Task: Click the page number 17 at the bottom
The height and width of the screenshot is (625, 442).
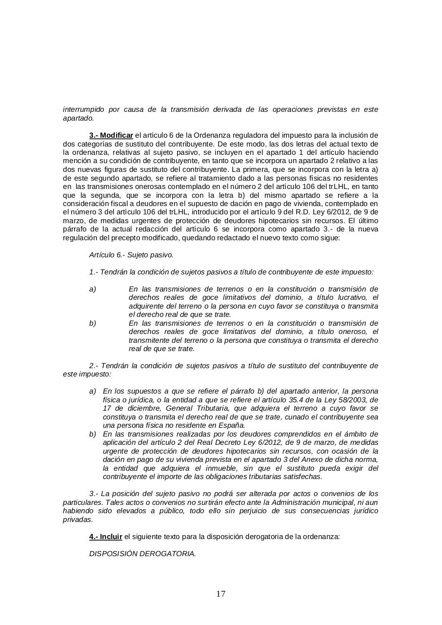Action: pyautogui.click(x=221, y=594)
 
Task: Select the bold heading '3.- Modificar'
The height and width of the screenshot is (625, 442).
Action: pyautogui.click(x=111, y=135)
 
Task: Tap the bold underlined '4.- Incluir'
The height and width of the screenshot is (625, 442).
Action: pyautogui.click(x=105, y=536)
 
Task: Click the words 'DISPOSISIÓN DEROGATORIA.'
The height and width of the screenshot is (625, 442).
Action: pyautogui.click(x=142, y=553)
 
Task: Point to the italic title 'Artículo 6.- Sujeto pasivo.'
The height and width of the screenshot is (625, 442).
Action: pyautogui.click(x=131, y=254)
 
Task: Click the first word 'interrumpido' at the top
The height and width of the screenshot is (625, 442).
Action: pyautogui.click(x=83, y=109)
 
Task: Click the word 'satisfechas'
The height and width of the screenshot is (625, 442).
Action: pyautogui.click(x=301, y=477)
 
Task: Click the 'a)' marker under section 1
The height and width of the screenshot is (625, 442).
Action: pyautogui.click(x=93, y=289)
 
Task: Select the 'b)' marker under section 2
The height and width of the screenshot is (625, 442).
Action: pyautogui.click(x=93, y=434)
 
